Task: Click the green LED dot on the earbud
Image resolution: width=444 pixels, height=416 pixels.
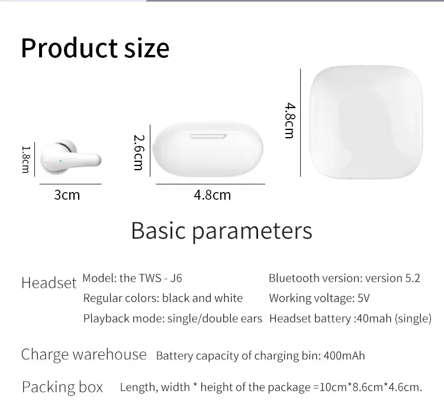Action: click(x=60, y=161)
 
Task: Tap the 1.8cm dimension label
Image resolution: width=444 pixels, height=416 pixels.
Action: click(x=26, y=160)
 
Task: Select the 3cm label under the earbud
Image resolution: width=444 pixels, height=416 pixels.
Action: click(x=67, y=195)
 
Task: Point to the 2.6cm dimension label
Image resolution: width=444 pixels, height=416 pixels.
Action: click(x=139, y=152)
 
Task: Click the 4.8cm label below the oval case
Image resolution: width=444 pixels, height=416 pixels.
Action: click(x=213, y=195)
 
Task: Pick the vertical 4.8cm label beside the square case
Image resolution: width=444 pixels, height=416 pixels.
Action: click(x=290, y=121)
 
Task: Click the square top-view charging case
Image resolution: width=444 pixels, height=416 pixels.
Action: click(x=366, y=122)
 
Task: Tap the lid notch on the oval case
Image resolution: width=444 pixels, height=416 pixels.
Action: click(x=208, y=136)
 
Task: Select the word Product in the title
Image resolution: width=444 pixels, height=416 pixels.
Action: click(x=69, y=48)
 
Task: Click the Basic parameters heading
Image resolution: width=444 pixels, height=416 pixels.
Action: click(x=222, y=231)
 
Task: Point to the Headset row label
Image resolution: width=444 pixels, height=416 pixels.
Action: click(x=49, y=282)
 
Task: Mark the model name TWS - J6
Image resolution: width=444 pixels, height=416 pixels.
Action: click(x=160, y=278)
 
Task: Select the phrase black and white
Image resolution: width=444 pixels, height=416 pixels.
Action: click(x=202, y=298)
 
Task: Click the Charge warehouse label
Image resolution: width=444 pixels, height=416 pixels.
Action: click(x=84, y=355)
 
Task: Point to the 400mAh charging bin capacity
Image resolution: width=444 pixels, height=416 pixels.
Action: click(x=344, y=356)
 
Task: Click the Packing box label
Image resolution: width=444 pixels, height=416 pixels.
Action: click(x=62, y=387)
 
